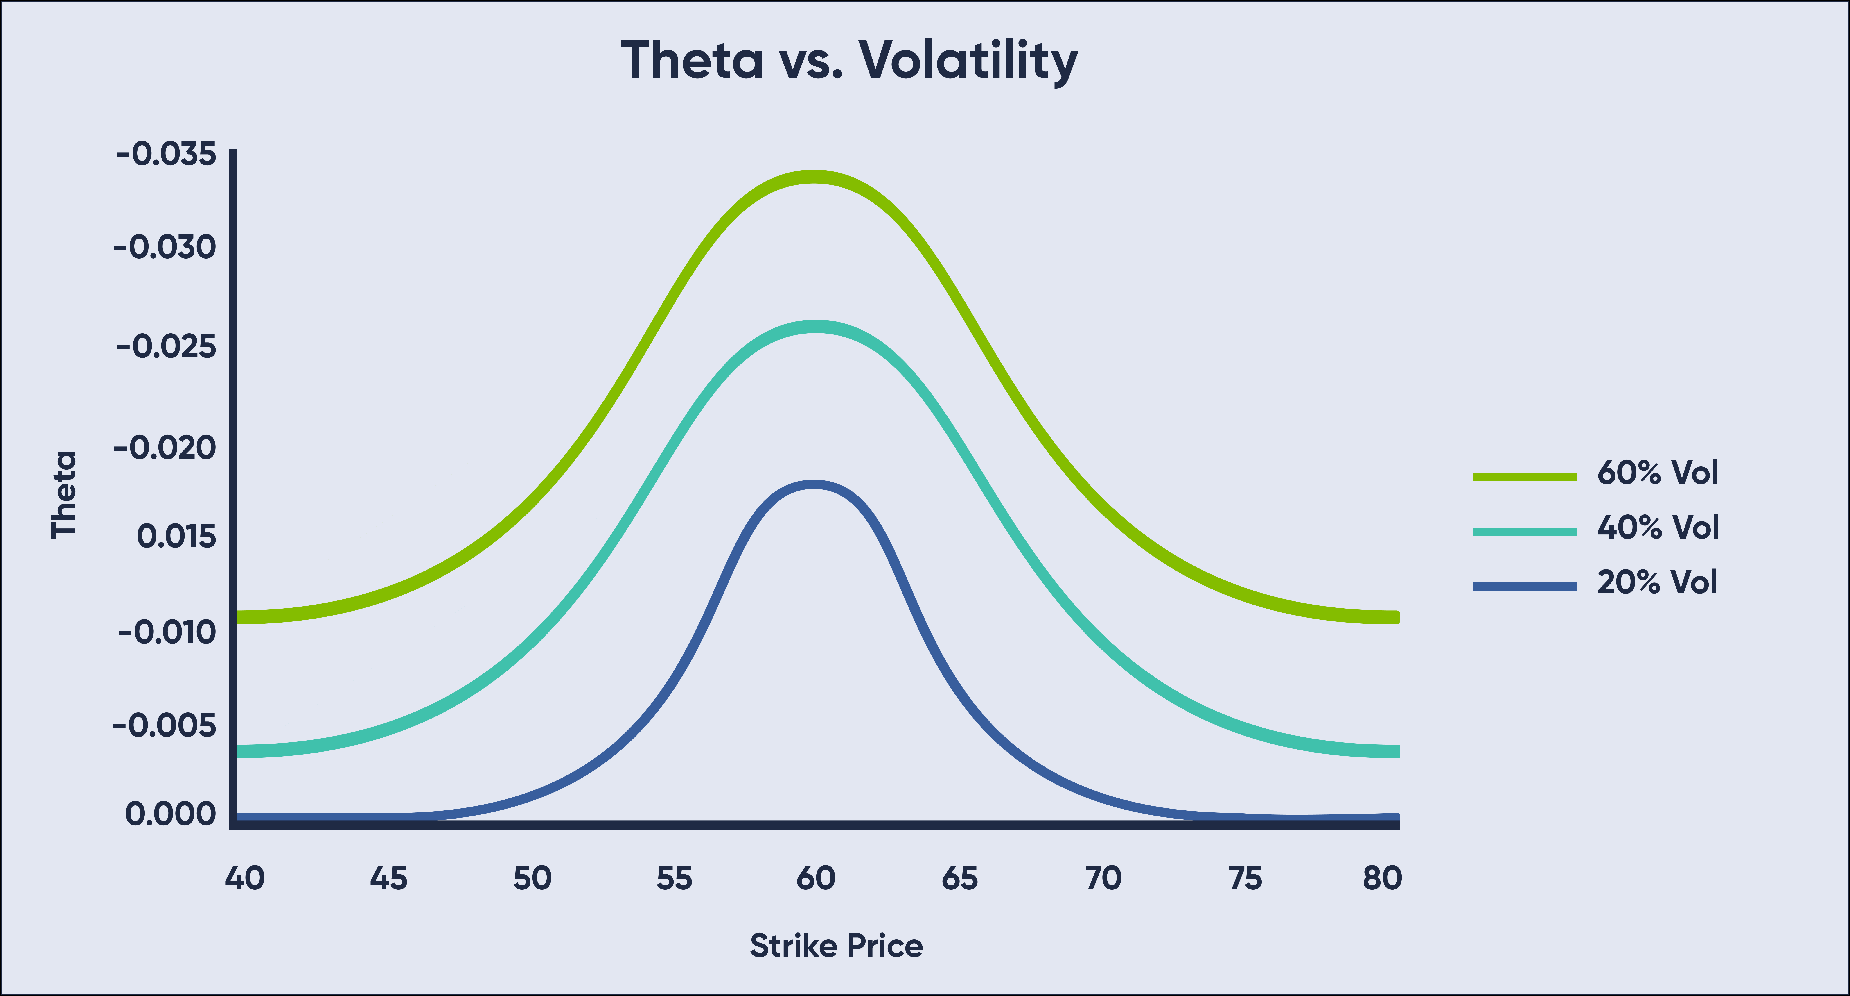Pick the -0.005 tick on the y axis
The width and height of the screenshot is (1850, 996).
(x=165, y=726)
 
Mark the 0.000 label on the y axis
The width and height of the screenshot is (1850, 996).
(x=170, y=814)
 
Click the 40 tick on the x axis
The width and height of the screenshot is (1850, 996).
(x=245, y=878)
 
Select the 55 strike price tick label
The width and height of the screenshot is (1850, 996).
(x=674, y=878)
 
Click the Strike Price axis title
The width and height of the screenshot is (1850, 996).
(x=836, y=946)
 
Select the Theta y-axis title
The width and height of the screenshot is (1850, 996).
(x=64, y=494)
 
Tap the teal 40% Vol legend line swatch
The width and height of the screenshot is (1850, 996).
(x=1524, y=532)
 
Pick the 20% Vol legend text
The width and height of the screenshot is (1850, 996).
(x=1657, y=582)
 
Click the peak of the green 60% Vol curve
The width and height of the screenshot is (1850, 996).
(x=813, y=177)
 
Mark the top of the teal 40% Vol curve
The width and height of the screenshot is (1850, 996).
(x=815, y=327)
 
